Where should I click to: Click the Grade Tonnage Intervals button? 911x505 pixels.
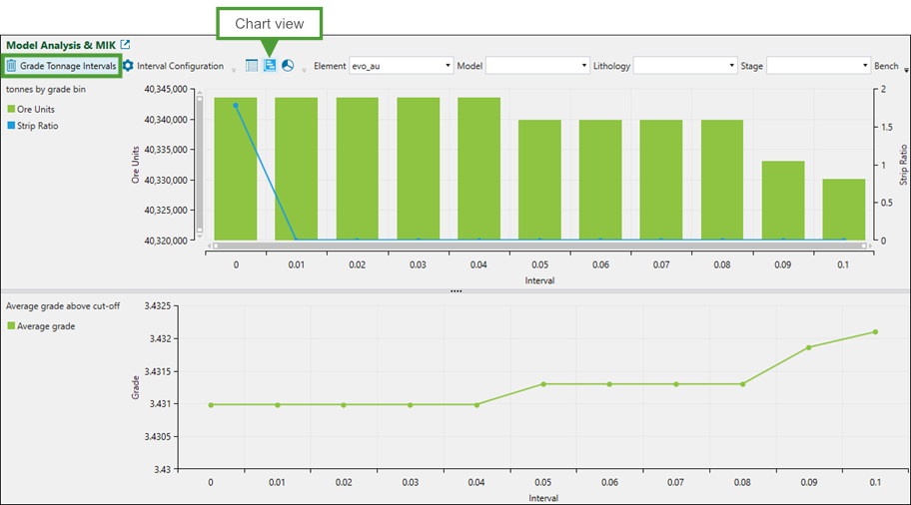62,66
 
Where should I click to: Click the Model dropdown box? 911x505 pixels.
537,66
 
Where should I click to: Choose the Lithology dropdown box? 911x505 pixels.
685,66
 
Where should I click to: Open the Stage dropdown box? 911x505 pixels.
818,66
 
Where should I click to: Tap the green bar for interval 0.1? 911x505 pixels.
844,210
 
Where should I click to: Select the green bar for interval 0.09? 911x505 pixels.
783,201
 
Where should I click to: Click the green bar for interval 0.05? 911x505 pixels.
539,180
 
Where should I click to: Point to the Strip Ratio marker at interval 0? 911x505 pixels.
236,105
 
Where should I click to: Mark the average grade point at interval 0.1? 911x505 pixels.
875,331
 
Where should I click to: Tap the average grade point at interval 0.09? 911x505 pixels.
809,347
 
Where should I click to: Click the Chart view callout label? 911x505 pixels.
270,24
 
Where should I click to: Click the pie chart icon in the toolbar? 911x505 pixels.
288,66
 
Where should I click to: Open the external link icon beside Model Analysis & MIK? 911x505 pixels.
126,45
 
